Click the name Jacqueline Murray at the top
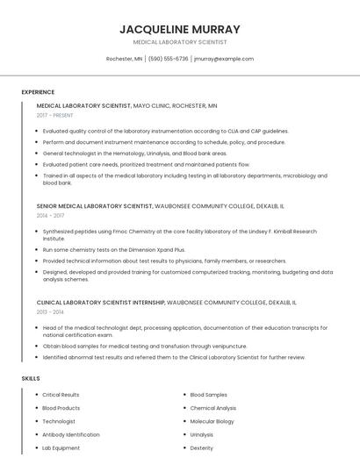[x=180, y=29]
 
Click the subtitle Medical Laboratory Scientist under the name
[x=180, y=42]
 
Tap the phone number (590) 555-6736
[x=169, y=59]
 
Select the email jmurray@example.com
[x=224, y=59]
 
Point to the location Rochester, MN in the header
[x=124, y=59]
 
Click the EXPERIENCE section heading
[x=38, y=92]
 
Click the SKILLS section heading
[x=31, y=378]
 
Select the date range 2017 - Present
[x=55, y=115]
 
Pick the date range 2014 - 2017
[x=51, y=215]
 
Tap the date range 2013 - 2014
[x=51, y=311]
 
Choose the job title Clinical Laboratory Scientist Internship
[x=100, y=302]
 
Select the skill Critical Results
[x=61, y=395]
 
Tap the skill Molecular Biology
[x=212, y=421]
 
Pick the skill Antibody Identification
[x=71, y=434]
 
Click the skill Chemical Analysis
[x=212, y=408]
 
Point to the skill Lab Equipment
[x=61, y=447]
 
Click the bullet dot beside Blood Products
[x=36, y=408]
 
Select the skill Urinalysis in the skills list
[x=201, y=434]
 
